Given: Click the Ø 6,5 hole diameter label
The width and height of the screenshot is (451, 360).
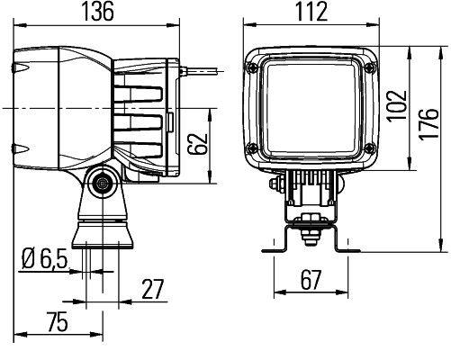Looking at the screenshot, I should [42, 261].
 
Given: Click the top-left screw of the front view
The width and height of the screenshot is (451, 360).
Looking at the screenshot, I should [258, 66].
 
